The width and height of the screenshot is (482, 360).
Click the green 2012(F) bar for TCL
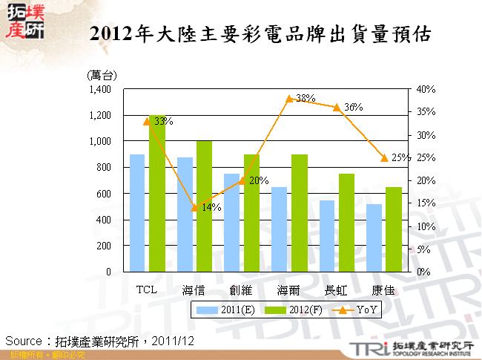[157, 194]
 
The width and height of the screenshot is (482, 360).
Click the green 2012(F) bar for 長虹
[347, 222]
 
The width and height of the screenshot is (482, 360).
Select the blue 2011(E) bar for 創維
[232, 222]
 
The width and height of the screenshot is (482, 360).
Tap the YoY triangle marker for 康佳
[384, 157]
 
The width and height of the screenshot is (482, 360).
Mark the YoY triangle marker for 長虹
[337, 108]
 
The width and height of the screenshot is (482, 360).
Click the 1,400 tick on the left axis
[98, 89]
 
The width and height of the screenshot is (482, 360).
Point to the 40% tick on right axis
[426, 89]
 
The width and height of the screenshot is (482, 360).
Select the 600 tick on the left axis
[102, 194]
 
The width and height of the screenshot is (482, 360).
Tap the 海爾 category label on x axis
[289, 289]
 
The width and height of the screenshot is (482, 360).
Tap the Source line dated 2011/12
[100, 341]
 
